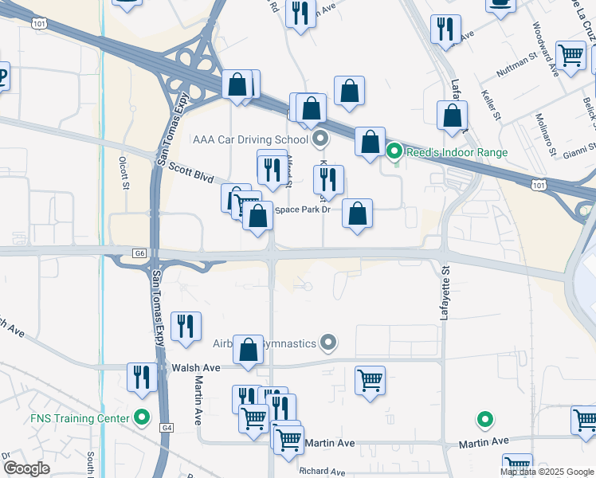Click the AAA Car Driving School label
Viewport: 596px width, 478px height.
[251, 139]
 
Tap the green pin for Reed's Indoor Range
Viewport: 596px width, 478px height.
[394, 151]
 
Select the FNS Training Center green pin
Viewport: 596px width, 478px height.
[143, 417]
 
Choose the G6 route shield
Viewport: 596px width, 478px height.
[139, 253]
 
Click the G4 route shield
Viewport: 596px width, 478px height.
[166, 428]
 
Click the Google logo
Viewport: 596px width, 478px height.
[26, 468]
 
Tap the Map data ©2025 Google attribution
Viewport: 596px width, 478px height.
[547, 472]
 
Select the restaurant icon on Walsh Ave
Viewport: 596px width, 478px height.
[143, 377]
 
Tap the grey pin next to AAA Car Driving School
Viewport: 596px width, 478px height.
[320, 139]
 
